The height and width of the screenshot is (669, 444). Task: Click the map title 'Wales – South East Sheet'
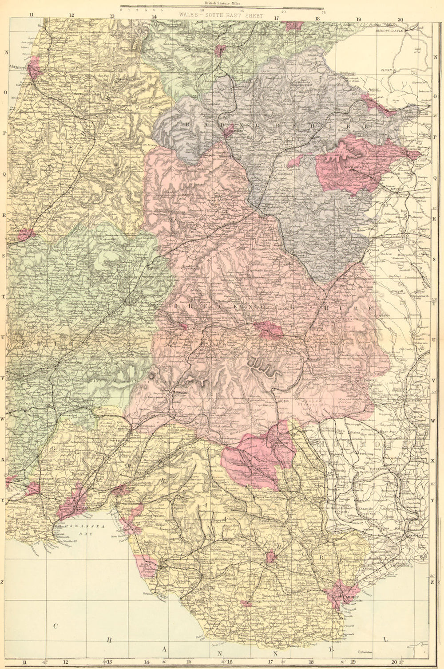(x=221, y=15)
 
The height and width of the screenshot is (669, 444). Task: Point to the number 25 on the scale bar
(x=323, y=12)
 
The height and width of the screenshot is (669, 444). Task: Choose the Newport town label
(x=415, y=536)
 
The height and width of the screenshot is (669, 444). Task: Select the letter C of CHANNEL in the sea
(x=56, y=626)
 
